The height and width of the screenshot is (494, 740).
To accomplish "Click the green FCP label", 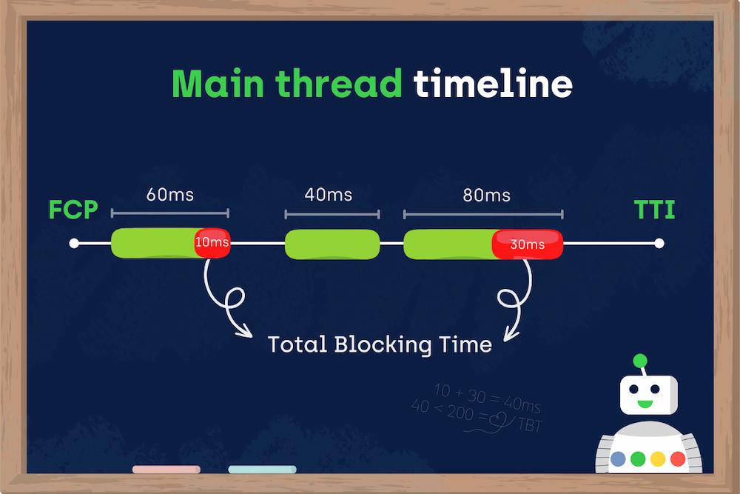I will [x=73, y=210].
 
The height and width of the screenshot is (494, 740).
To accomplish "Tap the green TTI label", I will [x=655, y=210].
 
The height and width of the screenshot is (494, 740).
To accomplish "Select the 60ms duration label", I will [x=170, y=195].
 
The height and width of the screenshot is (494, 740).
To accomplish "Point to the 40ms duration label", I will [x=329, y=195].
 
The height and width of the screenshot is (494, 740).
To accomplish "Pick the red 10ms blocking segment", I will [x=212, y=243].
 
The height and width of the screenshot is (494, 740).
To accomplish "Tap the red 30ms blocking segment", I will [x=528, y=244].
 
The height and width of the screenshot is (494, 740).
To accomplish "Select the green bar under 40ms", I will [x=332, y=244].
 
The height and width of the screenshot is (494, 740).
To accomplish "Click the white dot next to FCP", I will [x=73, y=243].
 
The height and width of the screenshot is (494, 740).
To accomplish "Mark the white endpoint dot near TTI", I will [x=659, y=243].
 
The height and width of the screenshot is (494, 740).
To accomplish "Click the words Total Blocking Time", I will [x=380, y=344].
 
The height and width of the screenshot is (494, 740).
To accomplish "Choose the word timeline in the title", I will [x=493, y=84].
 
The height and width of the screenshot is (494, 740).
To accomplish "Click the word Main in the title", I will [x=219, y=84].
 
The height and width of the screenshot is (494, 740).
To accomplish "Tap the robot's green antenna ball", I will [x=640, y=361].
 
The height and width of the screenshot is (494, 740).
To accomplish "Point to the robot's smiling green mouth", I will [x=645, y=404].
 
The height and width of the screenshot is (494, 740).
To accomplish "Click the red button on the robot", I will [x=677, y=458].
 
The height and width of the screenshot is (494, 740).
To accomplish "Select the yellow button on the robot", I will [x=658, y=458].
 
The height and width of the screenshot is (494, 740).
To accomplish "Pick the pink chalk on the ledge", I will [x=166, y=470].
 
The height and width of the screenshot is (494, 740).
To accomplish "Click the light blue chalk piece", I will [x=262, y=470].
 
